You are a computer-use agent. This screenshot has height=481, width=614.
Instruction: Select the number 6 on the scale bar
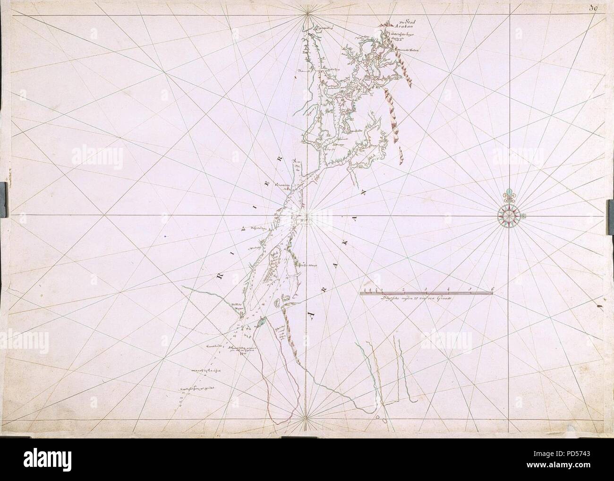click(492, 288)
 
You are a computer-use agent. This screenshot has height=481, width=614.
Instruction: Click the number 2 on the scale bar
click(403, 288)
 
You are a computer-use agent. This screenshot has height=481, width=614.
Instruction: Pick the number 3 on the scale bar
click(426, 288)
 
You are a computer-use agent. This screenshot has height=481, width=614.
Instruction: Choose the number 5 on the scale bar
click(470, 288)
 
